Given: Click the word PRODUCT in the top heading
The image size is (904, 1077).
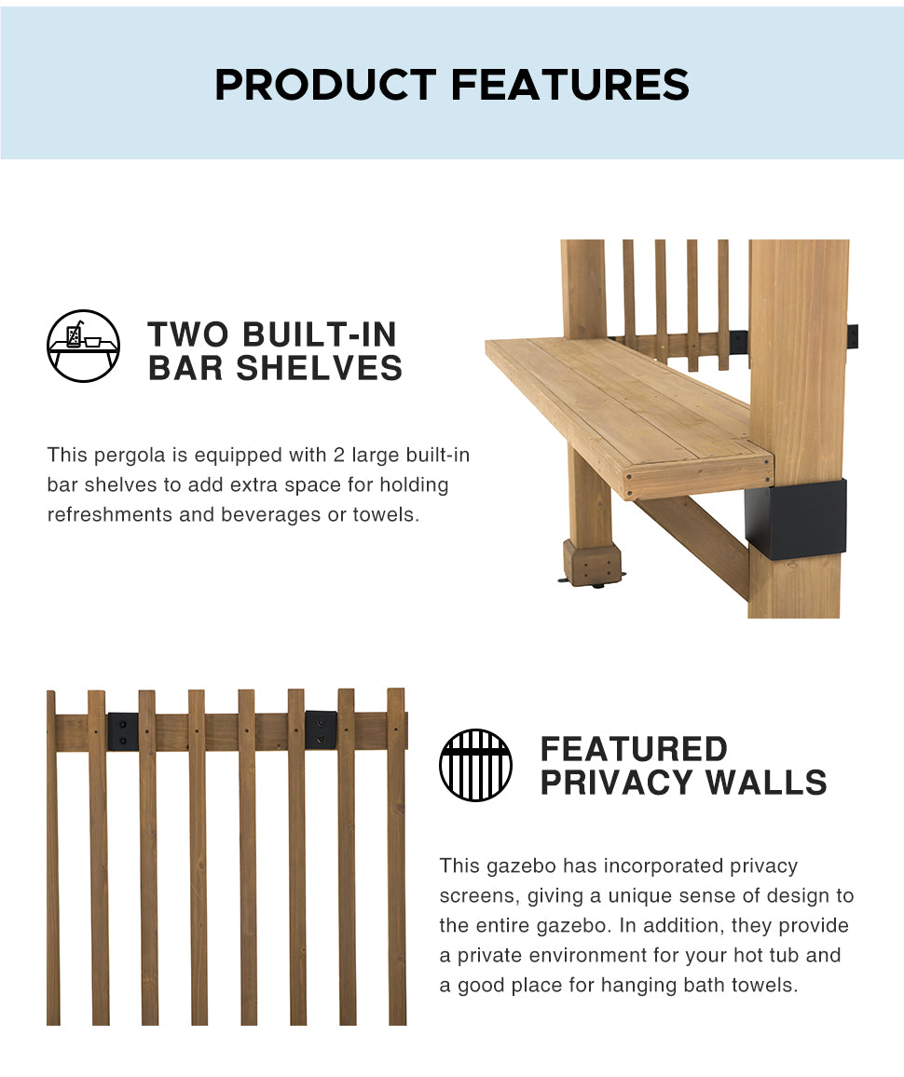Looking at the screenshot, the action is [325, 85].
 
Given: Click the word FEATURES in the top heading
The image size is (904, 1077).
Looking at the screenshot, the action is [570, 85].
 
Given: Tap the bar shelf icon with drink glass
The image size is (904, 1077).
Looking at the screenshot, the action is [83, 346].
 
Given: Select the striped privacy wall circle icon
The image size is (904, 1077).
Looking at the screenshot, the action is [475, 765].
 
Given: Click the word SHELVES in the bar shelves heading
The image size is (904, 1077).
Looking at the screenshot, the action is [319, 368].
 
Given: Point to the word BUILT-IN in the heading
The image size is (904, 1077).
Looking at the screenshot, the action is [320, 334].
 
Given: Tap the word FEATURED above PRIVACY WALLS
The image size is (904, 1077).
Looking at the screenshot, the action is [634, 749].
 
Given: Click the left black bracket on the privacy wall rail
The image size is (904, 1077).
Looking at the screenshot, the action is [122, 731].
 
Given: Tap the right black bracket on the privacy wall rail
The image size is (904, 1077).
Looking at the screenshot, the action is [321, 730].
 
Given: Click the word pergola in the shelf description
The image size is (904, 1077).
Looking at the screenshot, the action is [130, 456].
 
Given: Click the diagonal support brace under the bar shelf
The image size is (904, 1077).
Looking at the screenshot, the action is [691, 545].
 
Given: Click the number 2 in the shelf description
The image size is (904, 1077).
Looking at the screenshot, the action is [338, 455].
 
